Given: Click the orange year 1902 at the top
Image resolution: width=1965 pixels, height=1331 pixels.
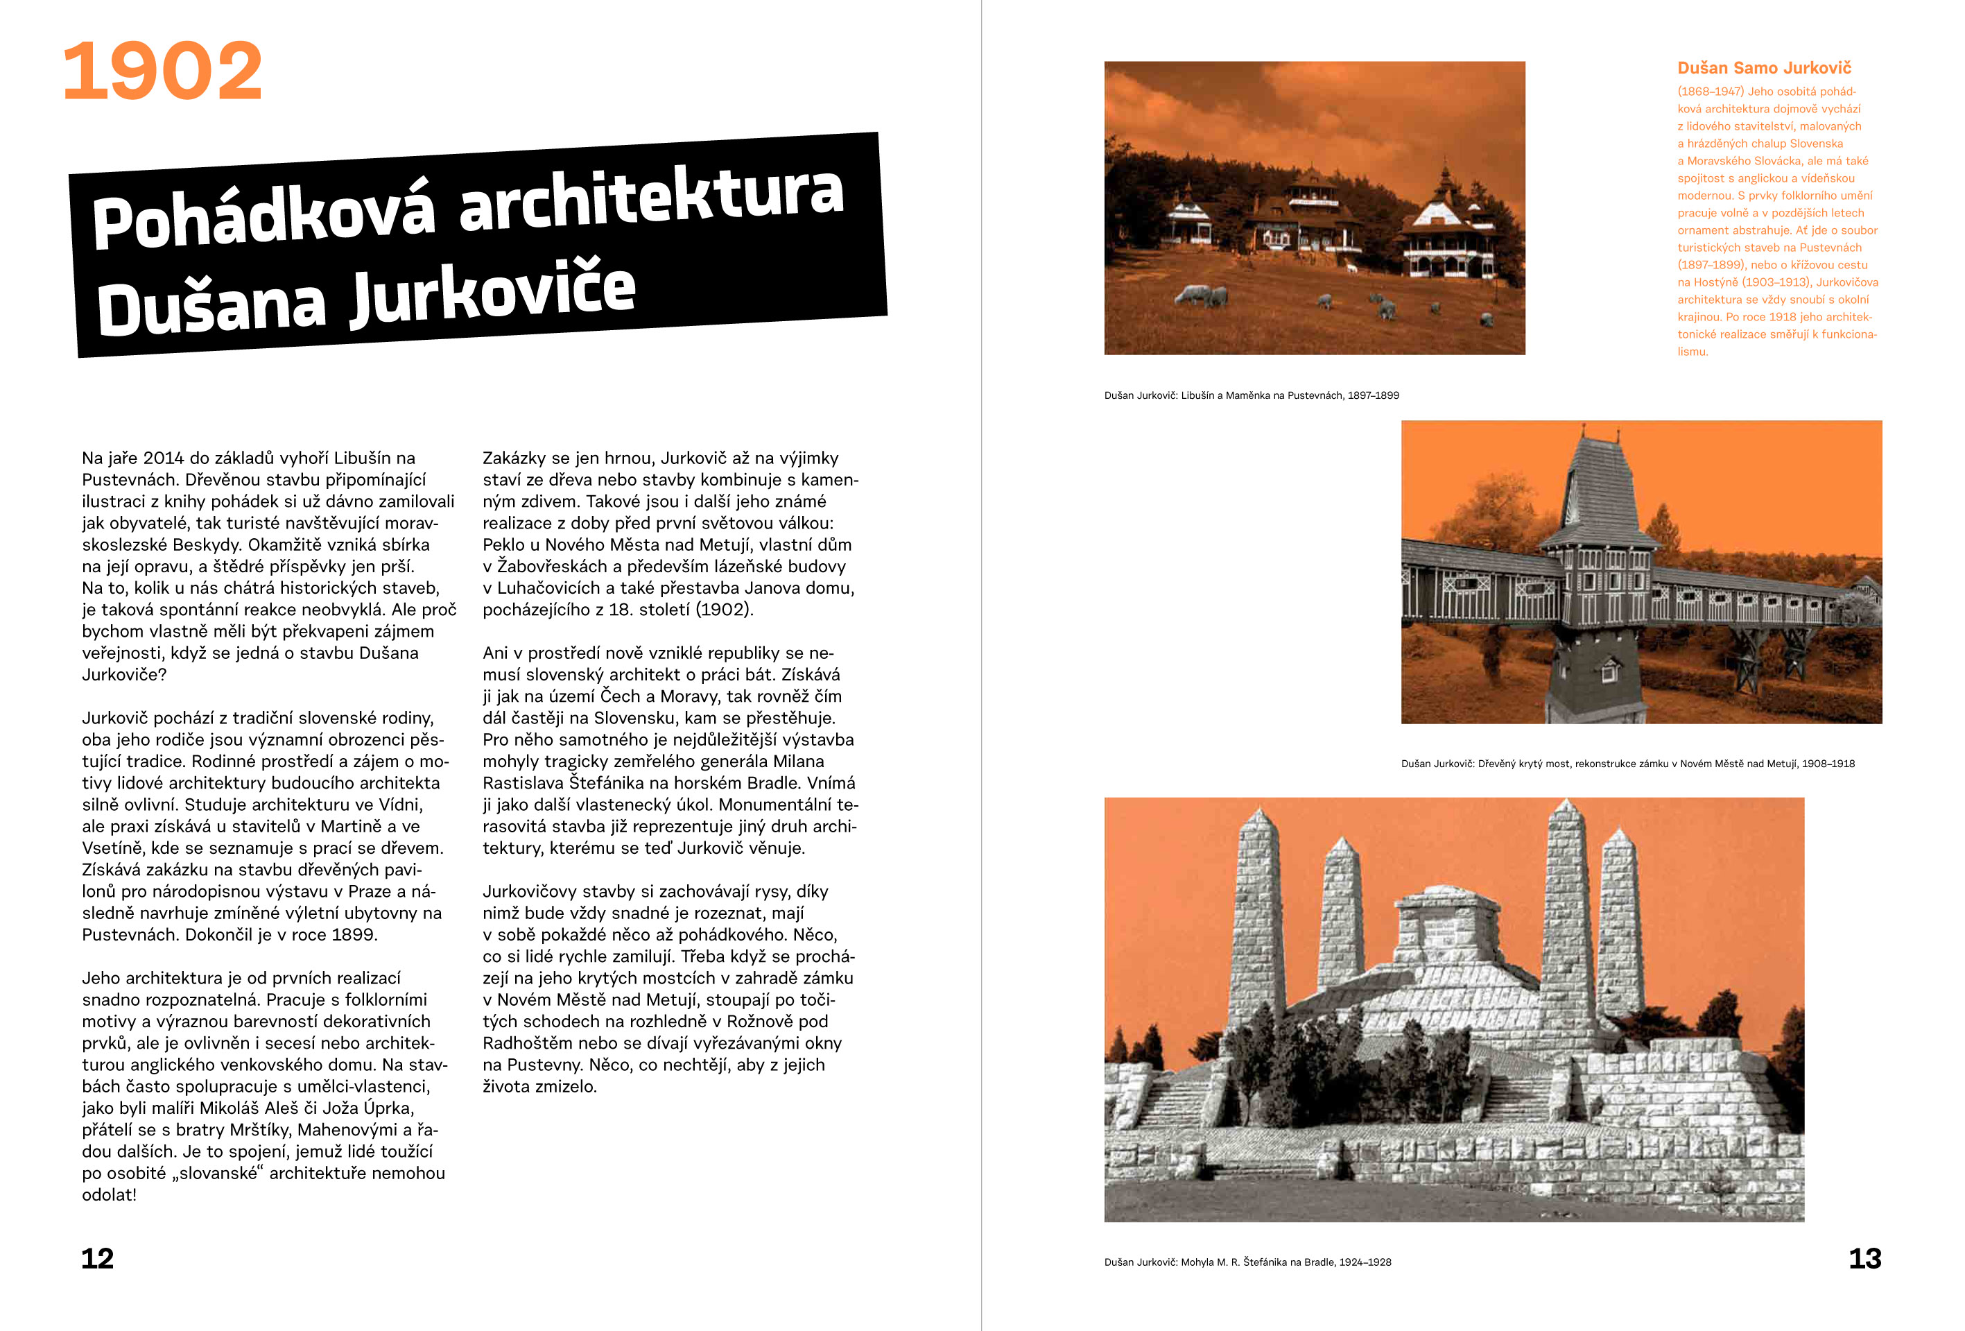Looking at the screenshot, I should tap(162, 72).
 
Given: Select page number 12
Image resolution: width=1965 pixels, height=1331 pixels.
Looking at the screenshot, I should tap(97, 1258).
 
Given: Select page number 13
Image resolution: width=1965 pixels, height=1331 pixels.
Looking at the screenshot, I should tap(1864, 1258).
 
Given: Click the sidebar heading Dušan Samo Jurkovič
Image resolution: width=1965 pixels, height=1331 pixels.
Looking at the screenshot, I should tap(1764, 69).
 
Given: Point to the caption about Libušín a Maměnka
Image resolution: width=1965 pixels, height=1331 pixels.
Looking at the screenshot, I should tap(1251, 395).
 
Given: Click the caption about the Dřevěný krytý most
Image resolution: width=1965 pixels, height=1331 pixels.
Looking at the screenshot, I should tap(1627, 764).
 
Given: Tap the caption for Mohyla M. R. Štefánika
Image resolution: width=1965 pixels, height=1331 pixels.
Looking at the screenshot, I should tap(1247, 1262).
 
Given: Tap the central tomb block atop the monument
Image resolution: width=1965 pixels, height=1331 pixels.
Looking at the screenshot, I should tap(1437, 930).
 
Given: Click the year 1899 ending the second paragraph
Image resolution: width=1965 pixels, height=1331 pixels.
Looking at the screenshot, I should tap(353, 935).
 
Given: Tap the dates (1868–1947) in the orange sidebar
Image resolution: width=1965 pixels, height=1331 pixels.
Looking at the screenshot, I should tap(1709, 92).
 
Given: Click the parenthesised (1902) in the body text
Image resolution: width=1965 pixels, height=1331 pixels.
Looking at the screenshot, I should tap(724, 610).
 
